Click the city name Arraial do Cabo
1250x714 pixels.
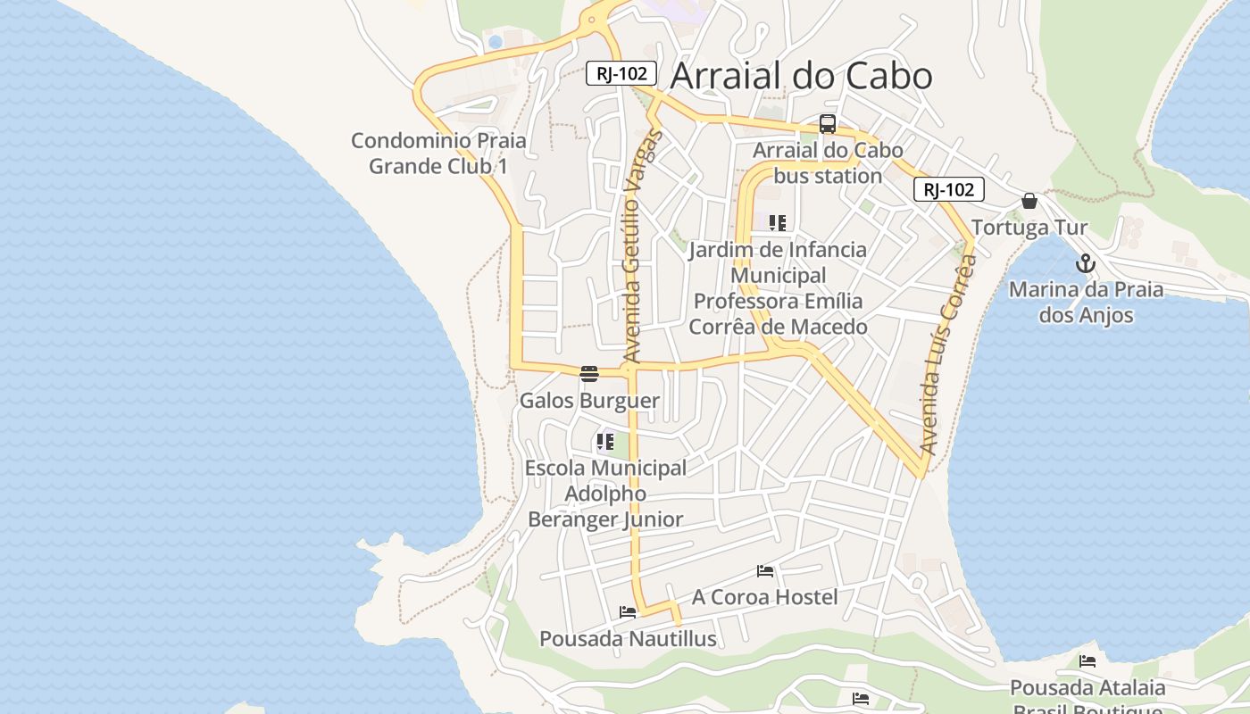[x=801, y=76]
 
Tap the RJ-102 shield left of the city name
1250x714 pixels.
[x=621, y=73]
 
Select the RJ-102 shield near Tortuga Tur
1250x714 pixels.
[x=948, y=189]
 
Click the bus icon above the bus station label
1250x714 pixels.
[x=828, y=124]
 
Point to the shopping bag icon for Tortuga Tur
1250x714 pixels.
[x=1029, y=201]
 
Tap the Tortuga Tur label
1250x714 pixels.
[x=1029, y=228]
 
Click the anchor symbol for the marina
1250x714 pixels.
[x=1086, y=263]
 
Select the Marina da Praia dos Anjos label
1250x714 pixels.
[x=1086, y=303]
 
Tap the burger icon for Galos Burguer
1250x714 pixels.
[x=588, y=374]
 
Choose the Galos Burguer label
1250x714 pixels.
[x=589, y=401]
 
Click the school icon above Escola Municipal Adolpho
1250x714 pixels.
[x=605, y=441]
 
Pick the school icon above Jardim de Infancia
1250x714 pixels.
[x=778, y=222]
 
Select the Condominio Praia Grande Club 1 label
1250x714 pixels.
[x=438, y=154]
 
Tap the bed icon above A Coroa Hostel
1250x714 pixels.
[x=764, y=570]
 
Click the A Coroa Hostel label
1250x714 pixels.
[x=764, y=597]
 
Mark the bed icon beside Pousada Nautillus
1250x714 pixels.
[x=628, y=612]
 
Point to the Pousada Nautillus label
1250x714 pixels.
[x=628, y=639]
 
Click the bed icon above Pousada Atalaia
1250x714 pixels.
[x=1087, y=661]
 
